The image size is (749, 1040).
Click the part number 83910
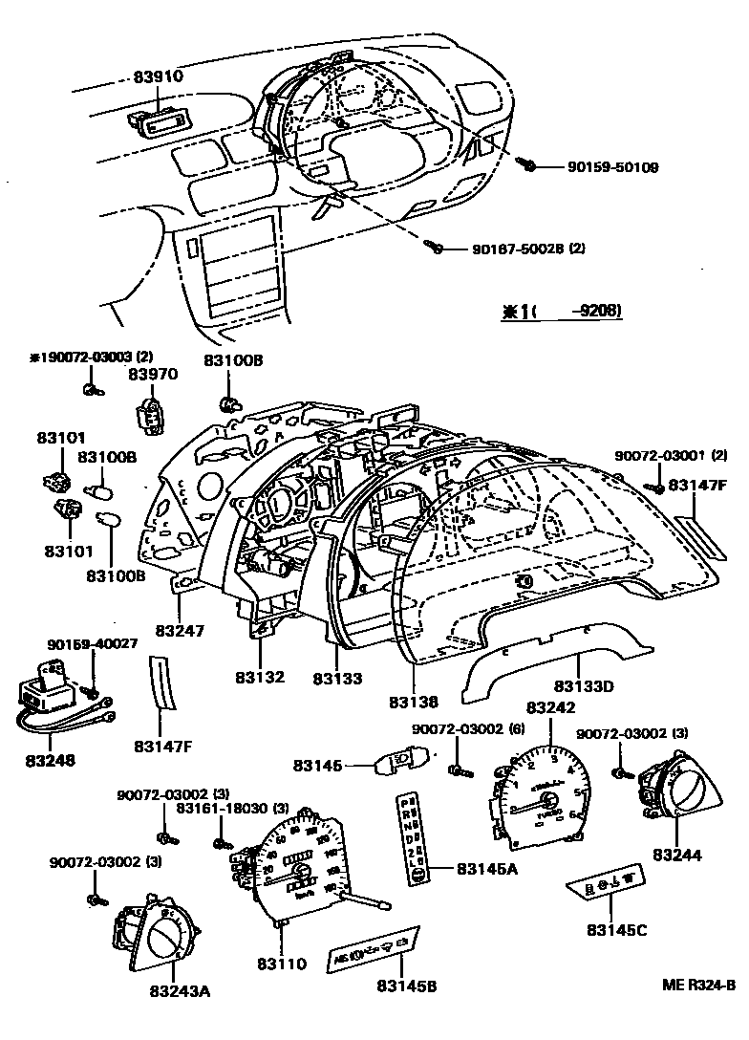click(158, 76)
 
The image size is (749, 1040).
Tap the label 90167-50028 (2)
click(528, 249)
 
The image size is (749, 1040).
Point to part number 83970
click(153, 375)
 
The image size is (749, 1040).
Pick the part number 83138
click(414, 702)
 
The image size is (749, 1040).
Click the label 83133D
click(584, 685)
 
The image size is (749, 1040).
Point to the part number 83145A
click(486, 869)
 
